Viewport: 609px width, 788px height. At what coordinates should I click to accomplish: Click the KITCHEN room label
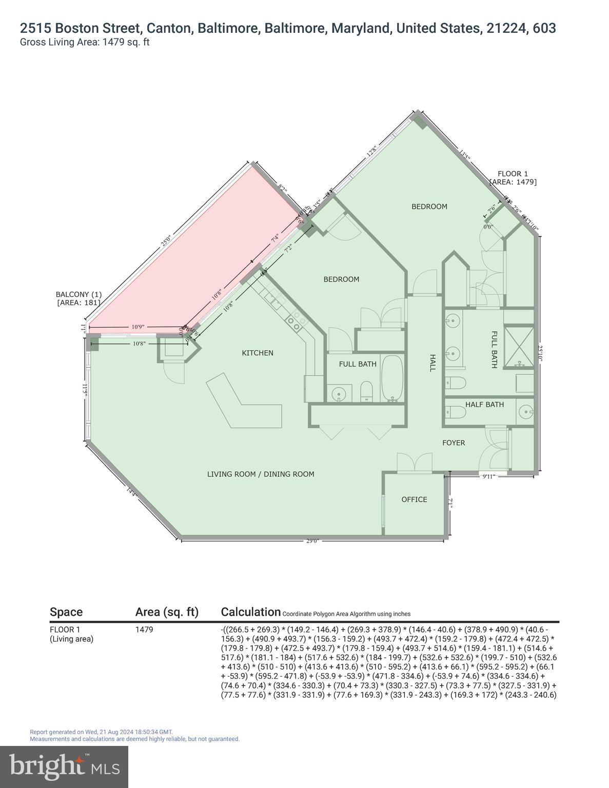click(258, 353)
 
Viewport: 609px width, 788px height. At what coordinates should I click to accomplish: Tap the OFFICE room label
click(414, 500)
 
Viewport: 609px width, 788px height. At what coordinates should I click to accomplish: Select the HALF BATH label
click(484, 405)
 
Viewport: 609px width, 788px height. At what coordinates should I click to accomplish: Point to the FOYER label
click(454, 443)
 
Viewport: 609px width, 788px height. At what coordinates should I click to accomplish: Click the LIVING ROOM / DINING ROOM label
click(261, 475)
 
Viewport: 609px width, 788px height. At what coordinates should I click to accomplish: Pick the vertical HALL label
click(432, 363)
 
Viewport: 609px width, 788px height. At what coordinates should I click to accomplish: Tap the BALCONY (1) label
click(78, 294)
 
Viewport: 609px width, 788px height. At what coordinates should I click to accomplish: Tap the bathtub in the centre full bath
click(392, 378)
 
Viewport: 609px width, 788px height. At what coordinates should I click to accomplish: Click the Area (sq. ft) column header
click(167, 612)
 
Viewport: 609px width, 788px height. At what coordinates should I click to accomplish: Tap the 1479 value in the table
click(144, 629)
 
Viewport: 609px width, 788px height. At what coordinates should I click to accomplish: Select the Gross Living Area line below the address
click(85, 43)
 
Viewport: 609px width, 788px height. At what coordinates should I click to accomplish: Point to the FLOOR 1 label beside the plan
click(513, 174)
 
